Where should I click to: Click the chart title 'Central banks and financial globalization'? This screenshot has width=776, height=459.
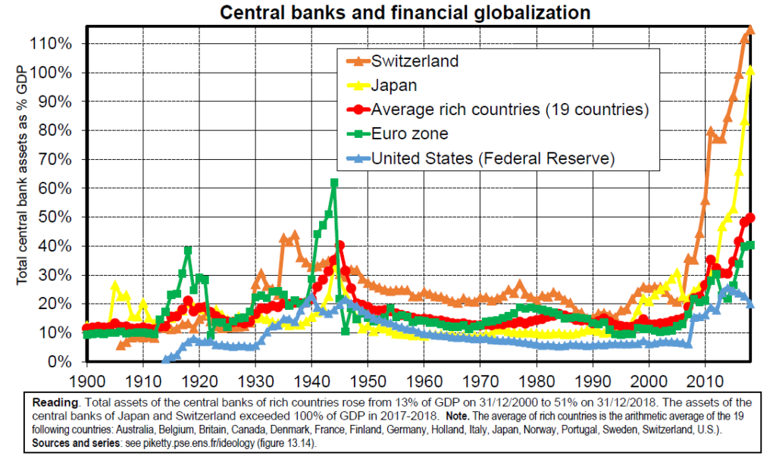[405, 13]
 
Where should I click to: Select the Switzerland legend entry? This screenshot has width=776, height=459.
[415, 61]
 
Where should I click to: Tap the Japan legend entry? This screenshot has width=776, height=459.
[393, 86]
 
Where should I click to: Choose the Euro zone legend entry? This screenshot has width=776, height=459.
[409, 134]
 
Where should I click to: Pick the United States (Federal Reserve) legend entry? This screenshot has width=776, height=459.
[492, 158]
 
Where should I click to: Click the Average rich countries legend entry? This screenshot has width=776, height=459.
[510, 110]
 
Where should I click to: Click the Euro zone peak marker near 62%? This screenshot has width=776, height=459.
[334, 183]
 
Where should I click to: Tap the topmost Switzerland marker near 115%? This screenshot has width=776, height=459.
[750, 30]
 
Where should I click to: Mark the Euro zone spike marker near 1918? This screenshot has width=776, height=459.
[188, 251]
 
